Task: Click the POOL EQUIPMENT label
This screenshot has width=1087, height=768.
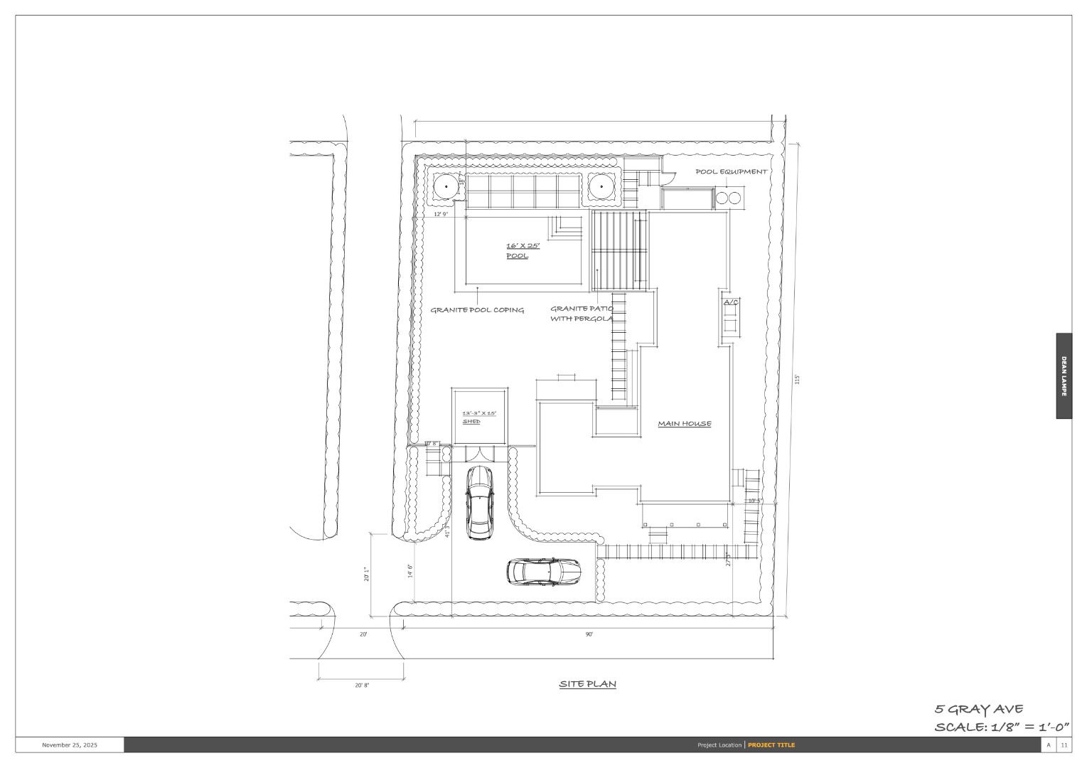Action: click(731, 171)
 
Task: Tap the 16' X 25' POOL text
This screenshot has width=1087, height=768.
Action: click(523, 250)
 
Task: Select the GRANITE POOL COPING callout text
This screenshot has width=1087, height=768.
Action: click(477, 310)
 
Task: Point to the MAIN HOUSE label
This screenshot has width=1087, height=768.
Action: click(684, 424)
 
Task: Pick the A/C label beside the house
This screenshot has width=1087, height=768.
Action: click(731, 303)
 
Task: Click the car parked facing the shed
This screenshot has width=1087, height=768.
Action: click(479, 502)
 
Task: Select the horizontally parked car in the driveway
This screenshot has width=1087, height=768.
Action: click(544, 571)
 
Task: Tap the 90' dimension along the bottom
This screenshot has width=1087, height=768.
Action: click(589, 634)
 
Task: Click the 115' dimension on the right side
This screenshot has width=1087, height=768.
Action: click(798, 380)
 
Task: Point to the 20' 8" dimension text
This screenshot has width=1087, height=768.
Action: click(362, 686)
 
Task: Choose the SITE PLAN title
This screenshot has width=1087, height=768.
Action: click(587, 684)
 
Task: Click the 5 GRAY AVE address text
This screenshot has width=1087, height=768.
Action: click(978, 709)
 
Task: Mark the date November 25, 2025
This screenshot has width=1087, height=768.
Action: click(70, 745)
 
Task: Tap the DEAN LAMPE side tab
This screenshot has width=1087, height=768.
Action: click(1064, 376)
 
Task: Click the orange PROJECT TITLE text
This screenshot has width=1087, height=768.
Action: click(771, 745)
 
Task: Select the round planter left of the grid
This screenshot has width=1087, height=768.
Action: click(446, 187)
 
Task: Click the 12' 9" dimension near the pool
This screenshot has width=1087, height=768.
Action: click(441, 214)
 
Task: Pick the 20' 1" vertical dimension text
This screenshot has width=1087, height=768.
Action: click(367, 574)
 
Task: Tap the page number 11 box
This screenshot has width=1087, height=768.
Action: click(1064, 745)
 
